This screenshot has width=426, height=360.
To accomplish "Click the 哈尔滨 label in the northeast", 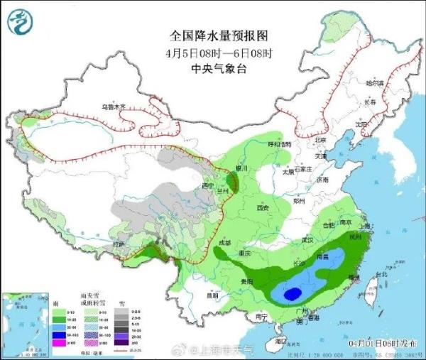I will tap(374, 84).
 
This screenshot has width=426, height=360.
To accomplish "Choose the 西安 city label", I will tap(263, 208).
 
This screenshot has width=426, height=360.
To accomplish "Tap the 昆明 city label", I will tap(204, 295).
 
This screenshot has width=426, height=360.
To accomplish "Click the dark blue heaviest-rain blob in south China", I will tap(291, 293).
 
